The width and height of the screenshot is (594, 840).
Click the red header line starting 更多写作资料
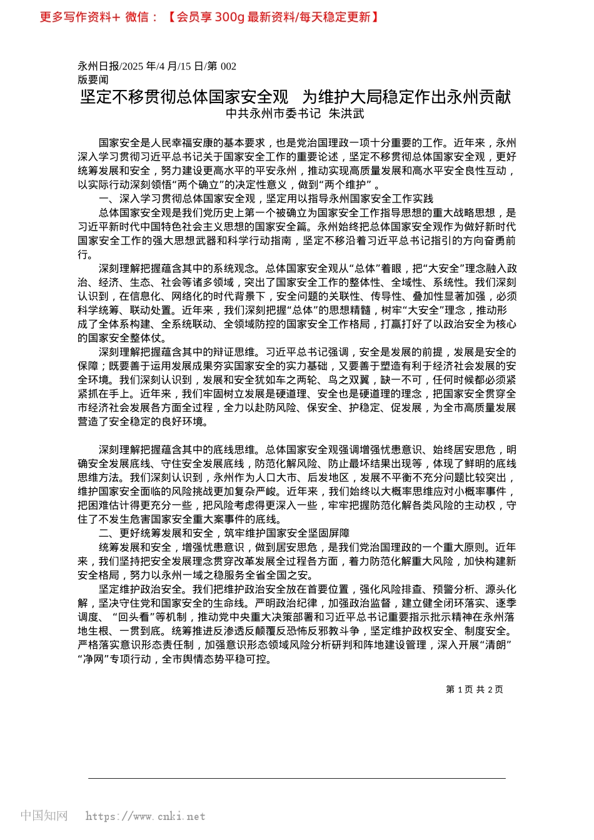click(x=209, y=17)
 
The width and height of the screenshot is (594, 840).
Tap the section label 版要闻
click(x=93, y=79)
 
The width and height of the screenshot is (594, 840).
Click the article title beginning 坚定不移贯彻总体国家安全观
click(x=296, y=97)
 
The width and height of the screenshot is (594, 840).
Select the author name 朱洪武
click(x=346, y=113)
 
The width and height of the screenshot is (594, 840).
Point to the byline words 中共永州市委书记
click(x=273, y=113)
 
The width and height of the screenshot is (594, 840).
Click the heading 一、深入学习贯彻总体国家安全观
click(x=266, y=198)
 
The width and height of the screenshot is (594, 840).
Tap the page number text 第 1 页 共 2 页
click(x=474, y=689)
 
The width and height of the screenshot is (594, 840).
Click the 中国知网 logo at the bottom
click(x=44, y=815)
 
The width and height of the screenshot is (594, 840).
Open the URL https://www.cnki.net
click(x=145, y=816)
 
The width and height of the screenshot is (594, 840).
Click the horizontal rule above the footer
click(x=297, y=778)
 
